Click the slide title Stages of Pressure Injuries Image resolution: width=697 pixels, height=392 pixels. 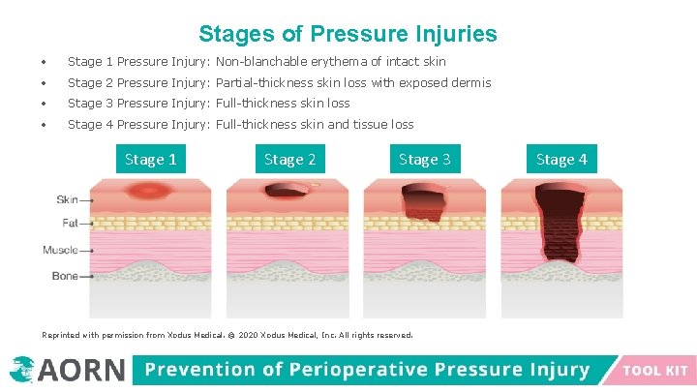point(348,35)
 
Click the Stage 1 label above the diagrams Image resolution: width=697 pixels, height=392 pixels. point(151,160)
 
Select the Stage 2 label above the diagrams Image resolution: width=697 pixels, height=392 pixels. point(290,160)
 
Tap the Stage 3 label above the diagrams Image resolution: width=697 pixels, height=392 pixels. point(425,160)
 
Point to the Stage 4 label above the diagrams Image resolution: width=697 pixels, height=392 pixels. point(561,160)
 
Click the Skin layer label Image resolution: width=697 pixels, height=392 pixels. point(67,200)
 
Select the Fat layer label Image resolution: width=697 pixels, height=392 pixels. point(70,224)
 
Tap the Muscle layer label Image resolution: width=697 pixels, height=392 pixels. point(60,251)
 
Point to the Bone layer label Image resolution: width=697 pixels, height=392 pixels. point(65,276)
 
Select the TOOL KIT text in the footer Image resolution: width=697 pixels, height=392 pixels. point(655,371)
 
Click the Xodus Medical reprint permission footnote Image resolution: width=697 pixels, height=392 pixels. point(227,335)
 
